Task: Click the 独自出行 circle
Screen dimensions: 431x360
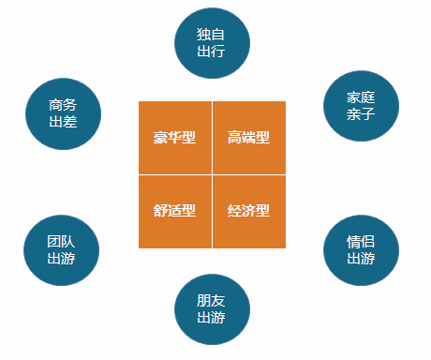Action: pyautogui.click(x=212, y=43)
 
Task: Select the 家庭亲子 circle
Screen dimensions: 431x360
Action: pyautogui.click(x=361, y=106)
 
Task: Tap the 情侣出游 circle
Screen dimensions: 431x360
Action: pyautogui.click(x=361, y=250)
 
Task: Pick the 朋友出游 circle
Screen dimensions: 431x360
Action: pyautogui.click(x=212, y=309)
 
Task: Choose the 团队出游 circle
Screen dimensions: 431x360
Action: pyautogui.click(x=62, y=250)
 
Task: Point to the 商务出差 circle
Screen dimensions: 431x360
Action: pyautogui.click(x=63, y=113)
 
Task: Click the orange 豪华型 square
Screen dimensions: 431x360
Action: pyautogui.click(x=175, y=138)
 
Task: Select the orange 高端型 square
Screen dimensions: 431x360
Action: pyautogui.click(x=249, y=138)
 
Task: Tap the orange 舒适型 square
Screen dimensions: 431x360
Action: pyautogui.click(x=175, y=212)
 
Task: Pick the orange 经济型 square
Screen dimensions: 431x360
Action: pyautogui.click(x=249, y=212)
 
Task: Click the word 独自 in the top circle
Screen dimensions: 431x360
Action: pyautogui.click(x=211, y=35)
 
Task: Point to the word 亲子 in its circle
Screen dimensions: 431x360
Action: pyautogui.click(x=361, y=114)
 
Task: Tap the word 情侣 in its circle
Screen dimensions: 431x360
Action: pyautogui.click(x=361, y=242)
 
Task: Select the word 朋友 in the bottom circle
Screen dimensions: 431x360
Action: pyautogui.click(x=211, y=301)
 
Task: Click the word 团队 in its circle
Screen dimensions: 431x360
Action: pyautogui.click(x=61, y=242)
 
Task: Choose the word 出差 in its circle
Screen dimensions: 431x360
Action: pyautogui.click(x=63, y=122)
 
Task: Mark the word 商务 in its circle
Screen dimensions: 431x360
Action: pyautogui.click(x=63, y=105)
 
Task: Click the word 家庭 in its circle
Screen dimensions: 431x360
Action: pyautogui.click(x=361, y=97)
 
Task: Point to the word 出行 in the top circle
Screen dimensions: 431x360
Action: pyautogui.click(x=211, y=51)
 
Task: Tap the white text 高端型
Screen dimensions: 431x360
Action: pyautogui.click(x=248, y=137)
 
